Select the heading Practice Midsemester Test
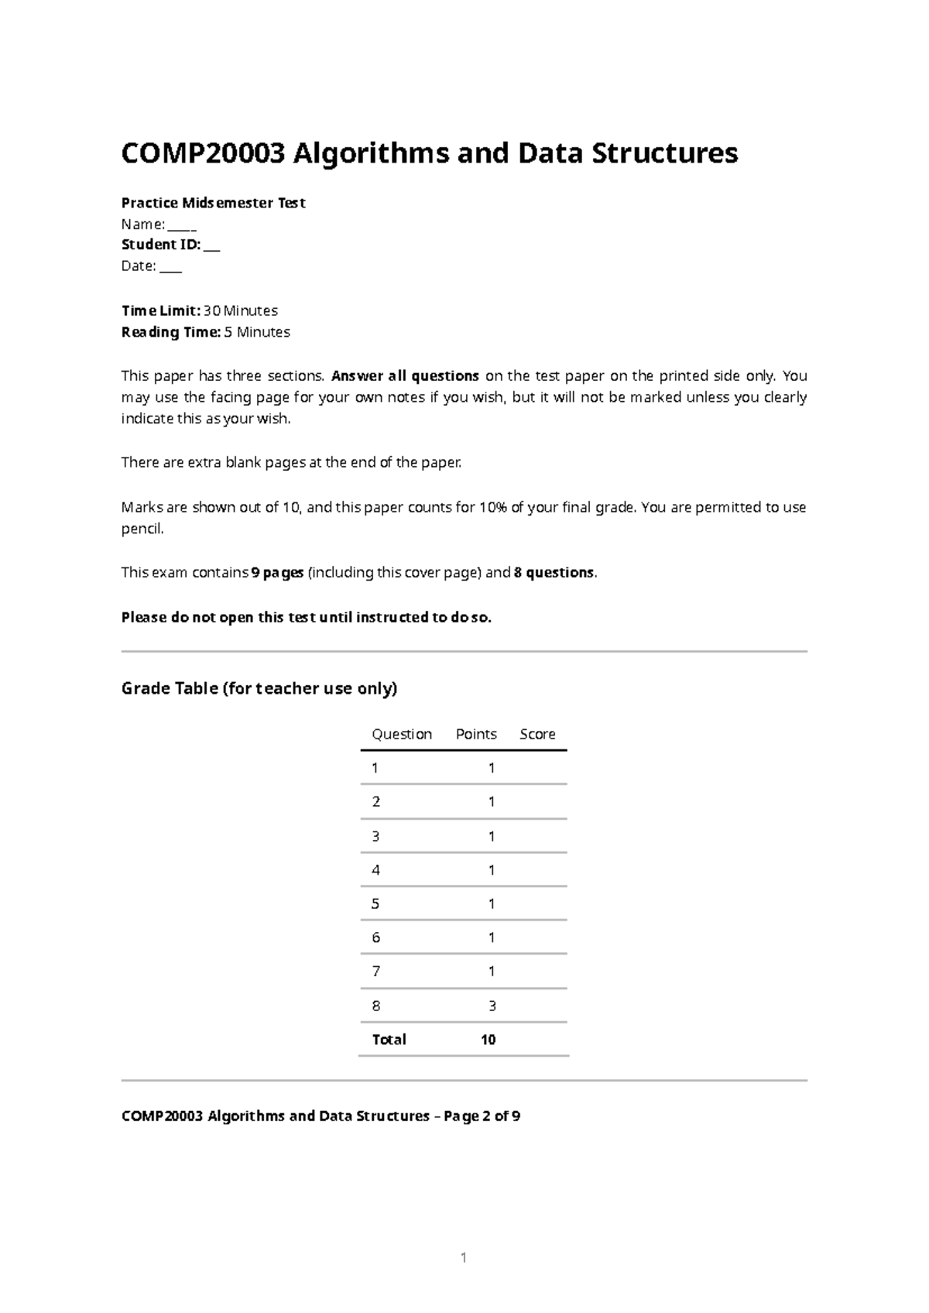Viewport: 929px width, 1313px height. [213, 203]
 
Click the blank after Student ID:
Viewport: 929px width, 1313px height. [212, 246]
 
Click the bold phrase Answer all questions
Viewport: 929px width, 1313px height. [405, 376]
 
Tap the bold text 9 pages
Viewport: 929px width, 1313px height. [278, 573]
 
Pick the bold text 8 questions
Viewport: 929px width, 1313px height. [554, 573]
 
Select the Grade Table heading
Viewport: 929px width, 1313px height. [259, 688]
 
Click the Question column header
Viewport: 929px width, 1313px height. [401, 734]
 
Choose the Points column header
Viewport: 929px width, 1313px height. [476, 734]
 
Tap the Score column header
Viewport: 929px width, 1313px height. [537, 734]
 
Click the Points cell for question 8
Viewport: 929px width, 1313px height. [492, 1006]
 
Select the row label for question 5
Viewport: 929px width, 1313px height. [376, 903]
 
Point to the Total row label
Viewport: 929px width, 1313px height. [389, 1040]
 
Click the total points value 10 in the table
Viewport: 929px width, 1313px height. [488, 1040]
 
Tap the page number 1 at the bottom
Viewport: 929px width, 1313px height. [464, 1258]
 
